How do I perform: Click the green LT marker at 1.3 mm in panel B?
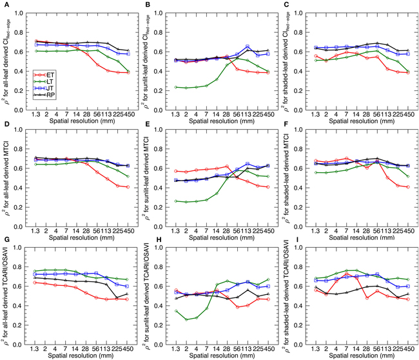click(x=176, y=87)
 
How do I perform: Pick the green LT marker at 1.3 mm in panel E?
click(x=176, y=201)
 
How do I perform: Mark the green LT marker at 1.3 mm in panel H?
click(x=176, y=311)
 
